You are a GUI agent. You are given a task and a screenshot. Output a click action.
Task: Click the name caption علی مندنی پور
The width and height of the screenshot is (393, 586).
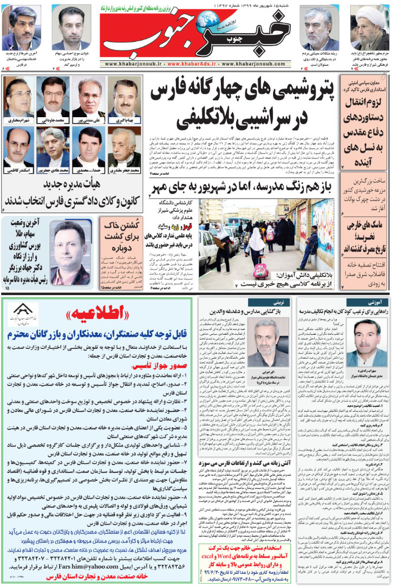pyautogui.click(x=89, y=120)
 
